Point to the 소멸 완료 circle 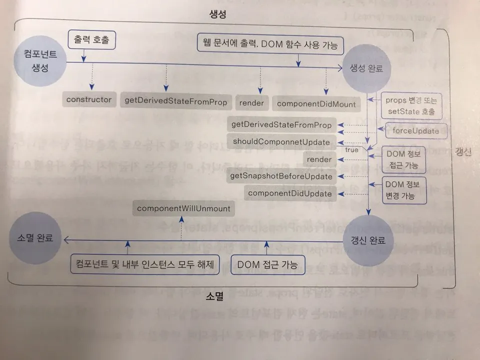pos(35,238)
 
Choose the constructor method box pos(89,100)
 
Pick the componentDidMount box pos(315,103)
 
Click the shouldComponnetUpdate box pos(281,142)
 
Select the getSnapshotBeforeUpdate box pos(280,176)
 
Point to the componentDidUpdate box pos(289,193)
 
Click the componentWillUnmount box pos(183,208)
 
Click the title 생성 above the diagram pos(217,14)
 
